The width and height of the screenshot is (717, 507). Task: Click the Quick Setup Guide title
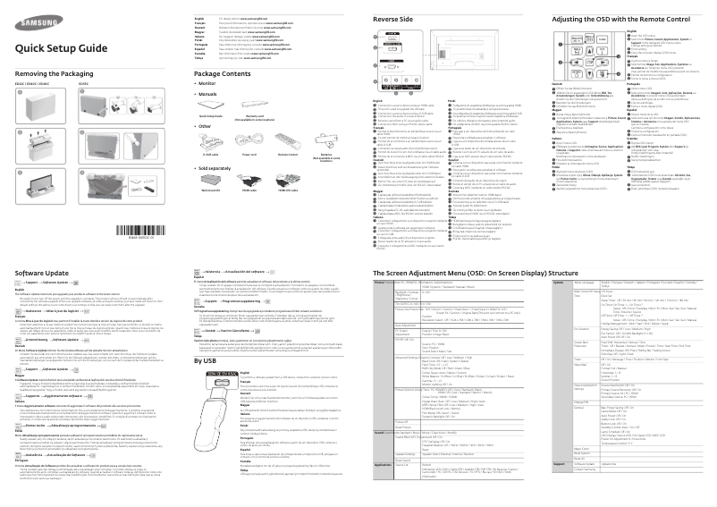tap(55, 46)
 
